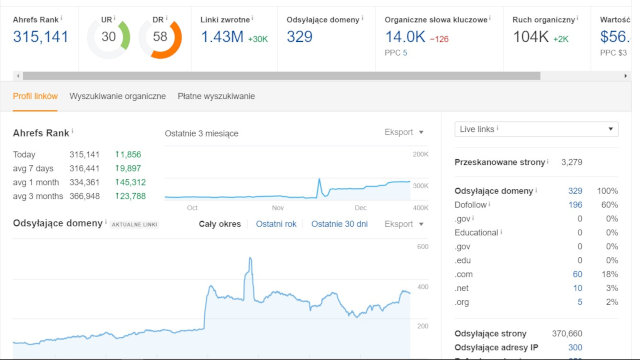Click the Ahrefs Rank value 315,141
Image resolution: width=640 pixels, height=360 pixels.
click(x=41, y=37)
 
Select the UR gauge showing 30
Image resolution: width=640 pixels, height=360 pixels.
click(x=108, y=37)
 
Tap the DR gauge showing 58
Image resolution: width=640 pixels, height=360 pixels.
click(x=160, y=37)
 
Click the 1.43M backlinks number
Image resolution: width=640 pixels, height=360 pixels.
click(x=221, y=37)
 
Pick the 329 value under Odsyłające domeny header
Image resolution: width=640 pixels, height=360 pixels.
click(x=299, y=37)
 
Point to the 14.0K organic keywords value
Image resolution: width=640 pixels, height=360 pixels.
click(x=405, y=37)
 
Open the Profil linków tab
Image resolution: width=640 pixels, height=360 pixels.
click(x=35, y=96)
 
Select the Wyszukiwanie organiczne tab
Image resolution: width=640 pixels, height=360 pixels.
click(x=118, y=96)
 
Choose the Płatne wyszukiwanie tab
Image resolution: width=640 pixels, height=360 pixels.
click(x=216, y=96)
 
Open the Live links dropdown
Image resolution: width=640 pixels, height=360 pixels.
click(x=536, y=129)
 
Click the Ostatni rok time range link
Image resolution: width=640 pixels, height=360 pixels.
click(x=276, y=224)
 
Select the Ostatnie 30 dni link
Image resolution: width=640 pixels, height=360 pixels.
click(x=339, y=224)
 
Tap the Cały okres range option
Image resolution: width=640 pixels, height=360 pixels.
click(x=221, y=224)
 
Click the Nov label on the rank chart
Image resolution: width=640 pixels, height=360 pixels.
click(x=278, y=207)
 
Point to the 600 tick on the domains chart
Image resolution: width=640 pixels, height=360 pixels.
click(x=422, y=246)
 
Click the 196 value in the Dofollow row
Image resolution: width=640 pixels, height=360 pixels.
click(x=575, y=204)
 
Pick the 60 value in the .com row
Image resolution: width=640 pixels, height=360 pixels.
click(x=577, y=274)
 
